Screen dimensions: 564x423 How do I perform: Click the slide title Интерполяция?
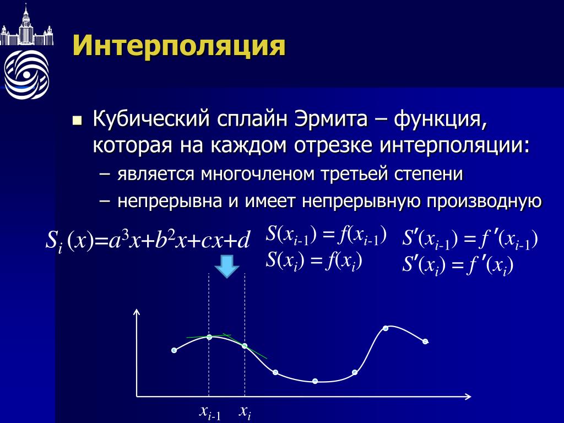[179, 46]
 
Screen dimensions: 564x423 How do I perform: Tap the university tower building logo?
[26, 25]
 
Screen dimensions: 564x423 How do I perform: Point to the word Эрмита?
[331, 118]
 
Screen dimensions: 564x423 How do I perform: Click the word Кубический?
[151, 119]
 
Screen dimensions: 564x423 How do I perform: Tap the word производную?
[484, 201]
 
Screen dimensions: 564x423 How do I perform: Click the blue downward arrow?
[227, 267]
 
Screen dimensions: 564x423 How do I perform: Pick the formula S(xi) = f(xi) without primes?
[313, 261]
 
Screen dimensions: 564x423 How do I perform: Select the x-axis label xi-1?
[210, 413]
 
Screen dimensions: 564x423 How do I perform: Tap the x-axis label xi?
[245, 412]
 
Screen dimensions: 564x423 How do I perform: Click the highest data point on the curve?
[386, 328]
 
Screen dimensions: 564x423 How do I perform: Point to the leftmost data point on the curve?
[174, 350]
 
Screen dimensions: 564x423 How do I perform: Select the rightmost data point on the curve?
[425, 341]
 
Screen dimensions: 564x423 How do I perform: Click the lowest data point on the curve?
[315, 381]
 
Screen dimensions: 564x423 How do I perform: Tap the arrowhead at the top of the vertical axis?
[137, 310]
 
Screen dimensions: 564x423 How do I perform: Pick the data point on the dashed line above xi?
[245, 346]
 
